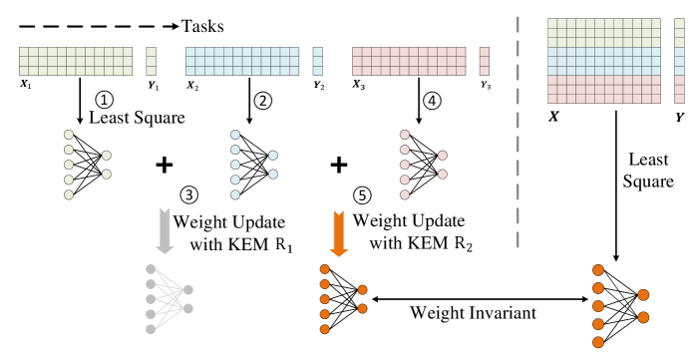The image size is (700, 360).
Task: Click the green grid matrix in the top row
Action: pos(76,61)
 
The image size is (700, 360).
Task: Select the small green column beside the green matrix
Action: pos(151,61)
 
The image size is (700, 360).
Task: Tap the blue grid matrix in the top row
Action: pos(242,61)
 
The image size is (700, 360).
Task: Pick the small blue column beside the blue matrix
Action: pos(317,61)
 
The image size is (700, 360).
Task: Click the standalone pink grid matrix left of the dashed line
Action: pos(409,61)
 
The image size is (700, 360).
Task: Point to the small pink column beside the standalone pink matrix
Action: pos(484,61)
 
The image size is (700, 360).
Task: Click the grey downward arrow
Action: pos(165,230)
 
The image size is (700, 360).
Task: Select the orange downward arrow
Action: pos(338,232)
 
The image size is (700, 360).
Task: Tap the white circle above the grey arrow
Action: pos(165,165)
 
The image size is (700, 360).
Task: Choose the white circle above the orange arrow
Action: pos(339,165)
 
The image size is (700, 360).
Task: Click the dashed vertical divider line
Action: pos(518,130)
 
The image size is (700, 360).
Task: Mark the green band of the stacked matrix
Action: pos(604,33)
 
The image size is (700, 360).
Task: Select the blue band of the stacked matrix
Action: pos(604,61)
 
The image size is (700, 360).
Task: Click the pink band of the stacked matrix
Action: pos(604,89)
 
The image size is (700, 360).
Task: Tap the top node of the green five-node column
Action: pos(69,135)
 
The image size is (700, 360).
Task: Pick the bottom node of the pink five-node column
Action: pos(405,194)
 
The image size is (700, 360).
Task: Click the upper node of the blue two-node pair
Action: pos(273,156)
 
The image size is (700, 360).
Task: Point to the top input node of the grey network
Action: pos(151,269)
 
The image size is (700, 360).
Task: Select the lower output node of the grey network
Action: pos(188,308)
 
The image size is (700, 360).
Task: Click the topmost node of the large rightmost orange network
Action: pos(598,270)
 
